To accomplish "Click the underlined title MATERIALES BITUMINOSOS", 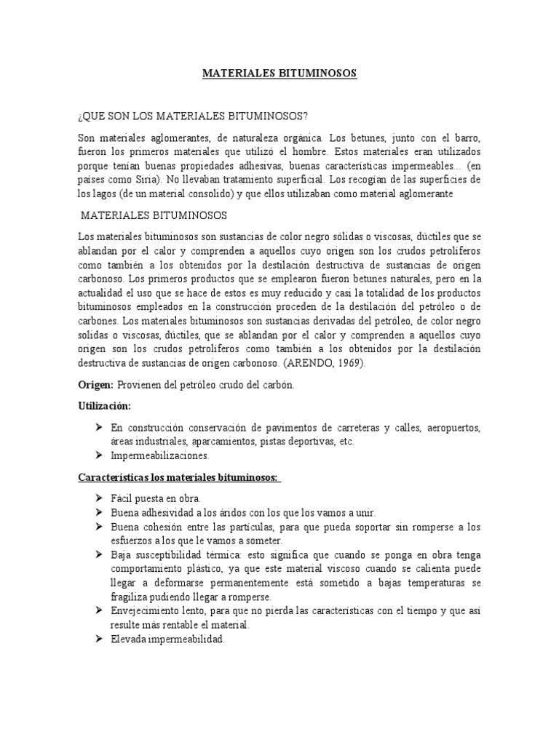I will click(x=279, y=74).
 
